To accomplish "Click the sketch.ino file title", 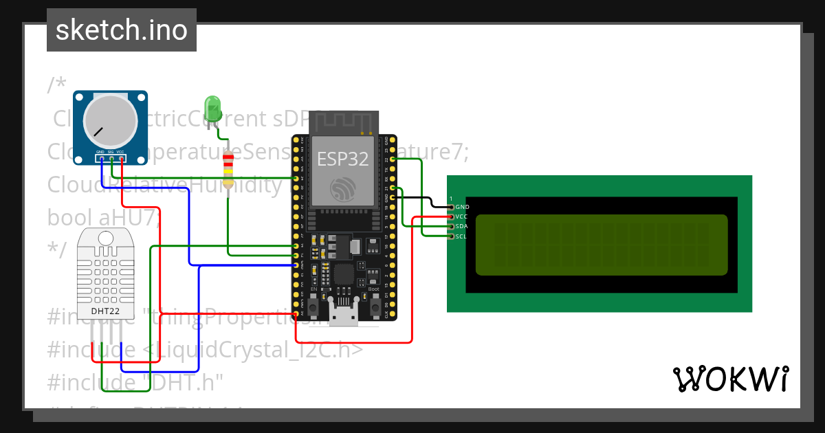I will pyautogui.click(x=122, y=30).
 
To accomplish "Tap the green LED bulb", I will pyautogui.click(x=213, y=109).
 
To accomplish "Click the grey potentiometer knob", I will pyautogui.click(x=110, y=122).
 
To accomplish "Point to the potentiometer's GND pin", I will pyautogui.click(x=100, y=158).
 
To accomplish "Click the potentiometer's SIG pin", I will pyautogui.click(x=111, y=158).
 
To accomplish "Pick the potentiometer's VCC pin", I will pyautogui.click(x=121, y=158).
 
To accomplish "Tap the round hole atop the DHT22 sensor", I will pyautogui.click(x=106, y=238).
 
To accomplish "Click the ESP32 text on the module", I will pyautogui.click(x=342, y=159).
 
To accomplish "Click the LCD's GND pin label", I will pyautogui.click(x=463, y=207).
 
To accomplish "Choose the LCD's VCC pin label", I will pyautogui.click(x=462, y=216).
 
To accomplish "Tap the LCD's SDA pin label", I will pyautogui.click(x=462, y=226).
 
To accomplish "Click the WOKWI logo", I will pyautogui.click(x=730, y=379).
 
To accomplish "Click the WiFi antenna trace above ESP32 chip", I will pyautogui.click(x=344, y=122).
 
